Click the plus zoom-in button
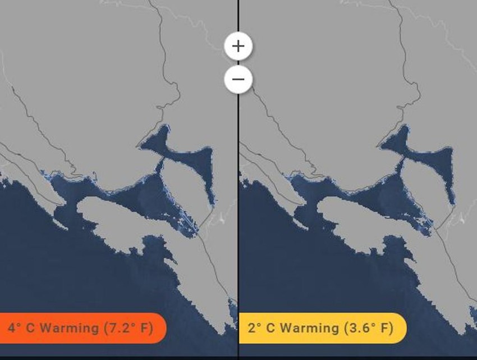238,45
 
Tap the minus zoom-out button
238,79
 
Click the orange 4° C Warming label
81,327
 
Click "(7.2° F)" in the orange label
128,328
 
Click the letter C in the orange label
28,328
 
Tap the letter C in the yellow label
269,328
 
